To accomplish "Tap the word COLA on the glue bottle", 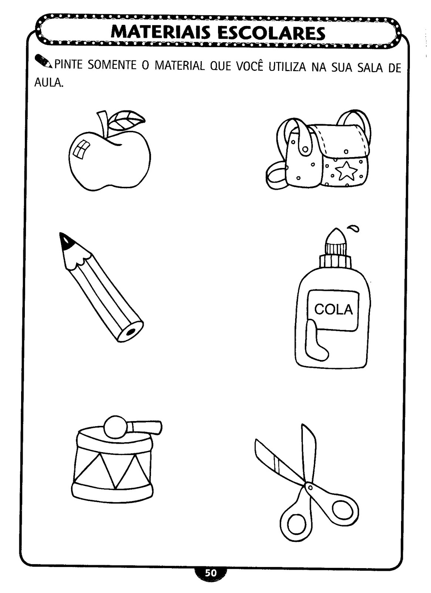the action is coord(334,309).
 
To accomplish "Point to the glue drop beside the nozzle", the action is coord(354,228).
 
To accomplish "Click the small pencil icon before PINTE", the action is coord(43,61).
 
